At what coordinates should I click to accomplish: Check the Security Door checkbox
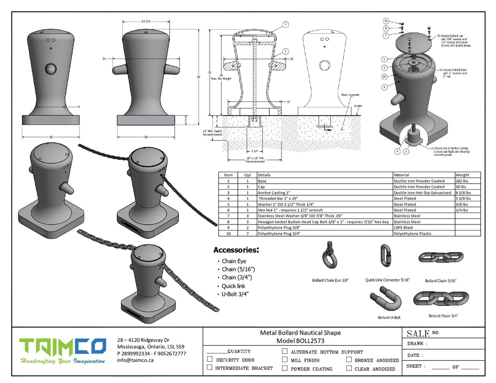(x=210, y=360)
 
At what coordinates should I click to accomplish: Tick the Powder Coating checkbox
(x=285, y=368)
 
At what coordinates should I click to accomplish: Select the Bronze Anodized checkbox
(x=349, y=360)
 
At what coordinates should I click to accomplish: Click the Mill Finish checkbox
(x=285, y=360)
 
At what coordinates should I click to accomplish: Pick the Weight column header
(x=463, y=175)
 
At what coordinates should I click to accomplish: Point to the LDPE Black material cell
(x=403, y=228)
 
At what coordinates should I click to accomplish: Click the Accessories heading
(x=236, y=250)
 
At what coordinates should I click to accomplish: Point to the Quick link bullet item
(x=233, y=286)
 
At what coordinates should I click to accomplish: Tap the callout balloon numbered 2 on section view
(x=286, y=24)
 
